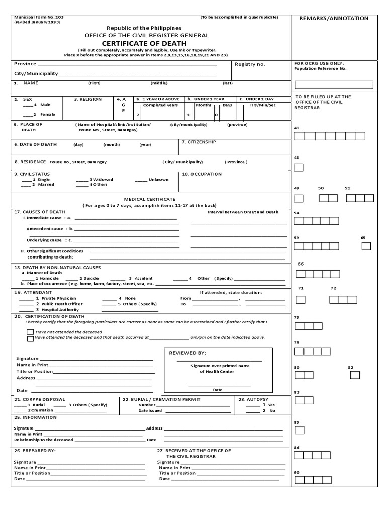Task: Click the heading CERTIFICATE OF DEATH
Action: [146, 43]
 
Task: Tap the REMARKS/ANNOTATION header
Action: [334, 18]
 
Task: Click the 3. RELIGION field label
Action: [88, 99]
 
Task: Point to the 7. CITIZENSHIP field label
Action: [199, 142]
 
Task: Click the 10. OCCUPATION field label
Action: [202, 174]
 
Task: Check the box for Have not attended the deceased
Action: [31, 332]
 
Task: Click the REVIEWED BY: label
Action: [187, 353]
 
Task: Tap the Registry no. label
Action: [250, 64]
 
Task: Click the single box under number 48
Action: [298, 167]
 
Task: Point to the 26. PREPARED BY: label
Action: [35, 451]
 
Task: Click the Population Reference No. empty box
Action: [334, 84]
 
